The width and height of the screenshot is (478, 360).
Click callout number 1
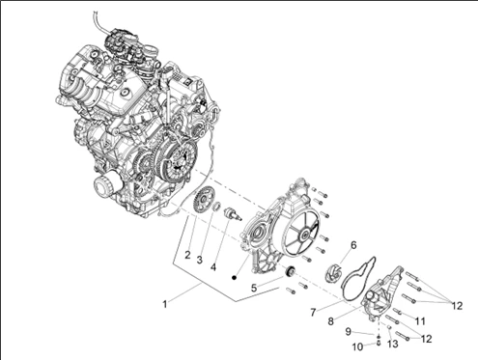click(x=165, y=304)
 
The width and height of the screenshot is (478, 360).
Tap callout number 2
click(x=187, y=255)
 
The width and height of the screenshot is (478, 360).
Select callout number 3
click(x=200, y=260)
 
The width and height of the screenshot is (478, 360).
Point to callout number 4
click(x=213, y=267)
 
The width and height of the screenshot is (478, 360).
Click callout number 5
click(x=254, y=288)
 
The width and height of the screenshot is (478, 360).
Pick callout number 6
click(x=353, y=245)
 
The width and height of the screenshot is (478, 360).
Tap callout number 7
click(x=313, y=312)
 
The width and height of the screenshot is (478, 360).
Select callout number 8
click(x=331, y=321)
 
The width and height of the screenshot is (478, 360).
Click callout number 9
click(x=348, y=331)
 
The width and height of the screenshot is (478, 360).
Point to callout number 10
click(x=357, y=346)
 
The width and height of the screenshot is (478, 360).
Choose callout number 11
click(x=420, y=321)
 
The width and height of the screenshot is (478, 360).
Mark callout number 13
click(x=393, y=344)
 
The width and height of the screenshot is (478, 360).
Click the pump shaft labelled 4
click(x=234, y=214)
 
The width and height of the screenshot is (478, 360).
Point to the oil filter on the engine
click(x=108, y=184)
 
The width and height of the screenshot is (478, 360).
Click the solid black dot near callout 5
click(x=235, y=277)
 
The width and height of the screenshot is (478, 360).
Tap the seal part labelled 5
click(x=291, y=271)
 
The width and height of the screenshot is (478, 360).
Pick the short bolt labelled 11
click(x=397, y=312)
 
